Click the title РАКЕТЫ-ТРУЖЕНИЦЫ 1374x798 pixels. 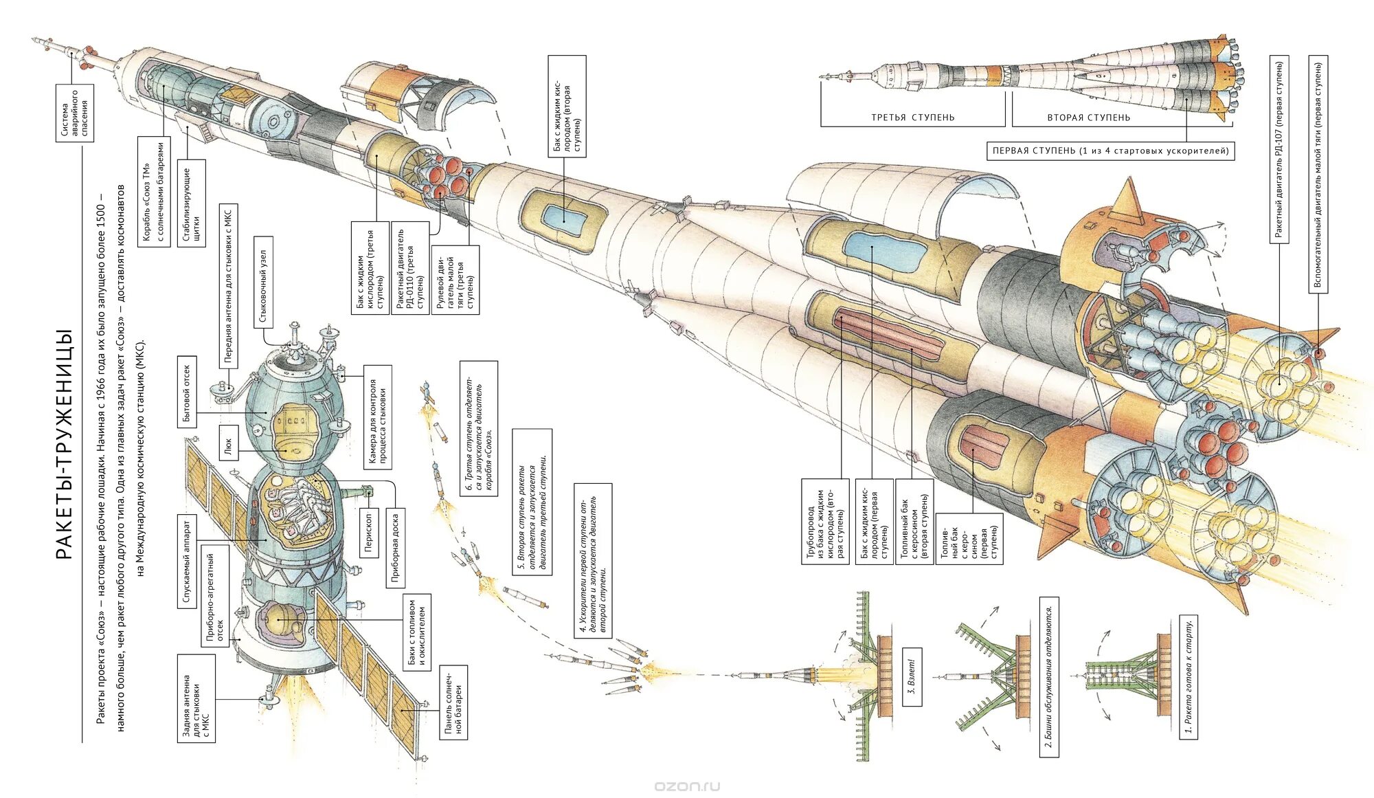coord(63,443)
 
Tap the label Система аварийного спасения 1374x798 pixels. coord(74,113)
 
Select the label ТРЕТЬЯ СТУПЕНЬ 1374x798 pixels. coord(912,118)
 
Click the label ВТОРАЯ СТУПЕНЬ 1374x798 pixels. coord(1088,118)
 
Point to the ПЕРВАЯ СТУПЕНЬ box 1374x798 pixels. coord(1110,151)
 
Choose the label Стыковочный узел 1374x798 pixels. coord(263,281)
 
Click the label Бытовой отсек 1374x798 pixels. coord(187,392)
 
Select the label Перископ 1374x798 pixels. coord(368,532)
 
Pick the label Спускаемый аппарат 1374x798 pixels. coord(185,561)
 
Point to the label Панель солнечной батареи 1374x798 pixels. coord(453,702)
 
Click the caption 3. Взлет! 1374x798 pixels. coord(911,677)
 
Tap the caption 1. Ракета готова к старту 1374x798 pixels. coord(1189,677)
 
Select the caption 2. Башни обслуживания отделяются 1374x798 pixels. coord(1048,680)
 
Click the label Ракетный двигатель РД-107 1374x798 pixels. coord(1279,149)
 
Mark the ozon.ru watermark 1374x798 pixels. coord(687,785)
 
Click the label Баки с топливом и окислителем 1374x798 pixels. coord(417,632)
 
